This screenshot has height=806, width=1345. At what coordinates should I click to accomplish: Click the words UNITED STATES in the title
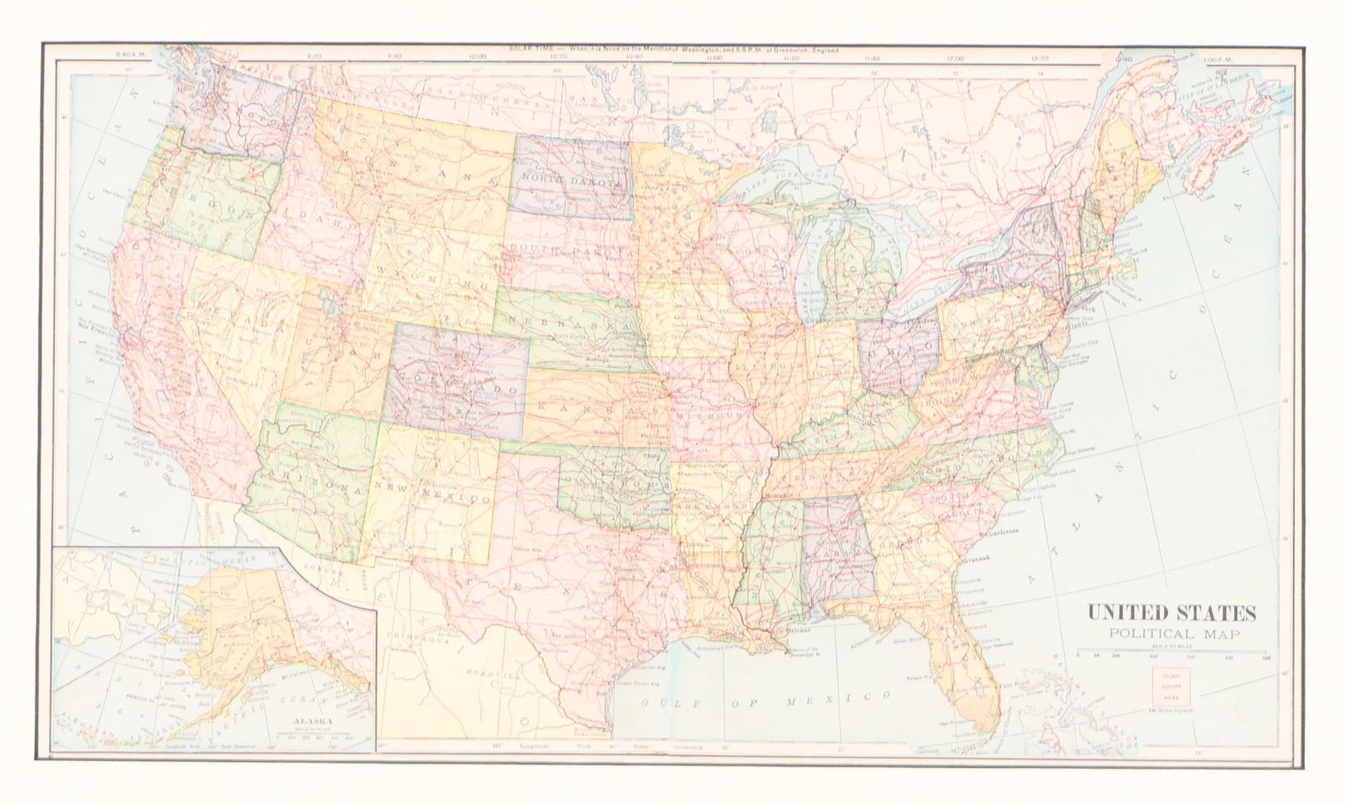(1172, 614)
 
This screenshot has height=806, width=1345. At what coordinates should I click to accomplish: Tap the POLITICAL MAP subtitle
(1172, 634)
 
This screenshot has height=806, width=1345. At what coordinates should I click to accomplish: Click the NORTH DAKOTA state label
(571, 180)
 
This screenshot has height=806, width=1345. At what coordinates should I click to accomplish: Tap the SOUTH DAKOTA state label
(573, 250)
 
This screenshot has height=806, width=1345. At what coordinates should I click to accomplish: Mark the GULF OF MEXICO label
(765, 699)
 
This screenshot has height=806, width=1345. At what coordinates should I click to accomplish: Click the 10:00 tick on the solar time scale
(477, 57)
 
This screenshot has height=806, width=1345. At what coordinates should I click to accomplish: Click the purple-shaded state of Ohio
(899, 355)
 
